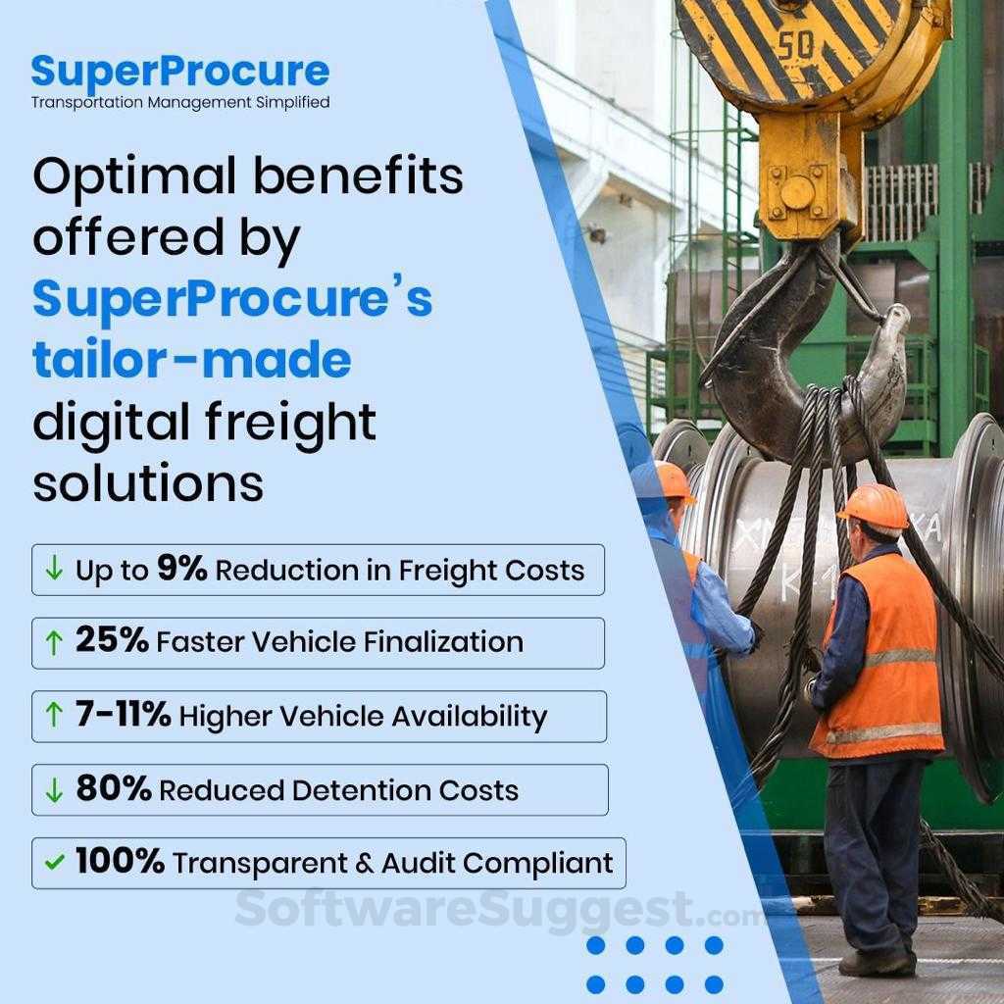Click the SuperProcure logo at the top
[x=179, y=72]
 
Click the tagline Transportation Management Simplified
[x=179, y=102]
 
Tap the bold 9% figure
[x=181, y=569]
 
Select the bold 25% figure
[x=112, y=641]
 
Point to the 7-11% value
[x=123, y=715]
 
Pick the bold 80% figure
[x=113, y=789]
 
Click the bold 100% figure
[x=120, y=862]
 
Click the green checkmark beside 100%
[x=55, y=863]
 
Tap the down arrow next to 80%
[x=55, y=789]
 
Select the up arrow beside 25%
[x=55, y=642]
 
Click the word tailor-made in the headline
[x=191, y=360]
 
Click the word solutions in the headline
[x=148, y=483]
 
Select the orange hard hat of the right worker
[x=873, y=506]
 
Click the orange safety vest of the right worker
[x=878, y=667]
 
